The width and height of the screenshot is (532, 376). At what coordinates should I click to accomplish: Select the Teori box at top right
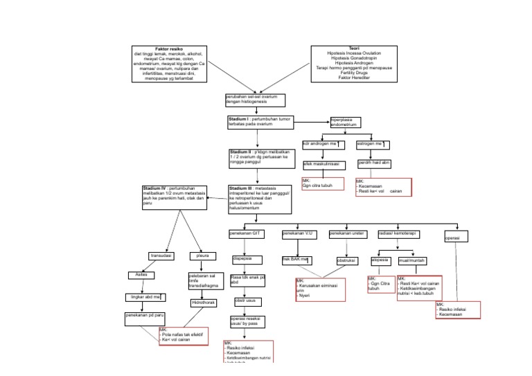tap(353, 64)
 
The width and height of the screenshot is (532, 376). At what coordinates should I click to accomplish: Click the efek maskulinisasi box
tap(323, 164)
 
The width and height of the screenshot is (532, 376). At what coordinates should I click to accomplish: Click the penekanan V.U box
tap(299, 234)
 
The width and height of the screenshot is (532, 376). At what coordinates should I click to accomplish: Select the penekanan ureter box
tap(347, 234)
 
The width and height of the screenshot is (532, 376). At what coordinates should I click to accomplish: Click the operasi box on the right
tap(457, 238)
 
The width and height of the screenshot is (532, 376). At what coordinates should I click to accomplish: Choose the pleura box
tap(204, 256)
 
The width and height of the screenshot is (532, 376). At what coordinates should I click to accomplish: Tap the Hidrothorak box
tap(204, 303)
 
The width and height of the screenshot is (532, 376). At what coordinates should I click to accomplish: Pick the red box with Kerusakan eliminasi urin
tap(320, 289)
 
